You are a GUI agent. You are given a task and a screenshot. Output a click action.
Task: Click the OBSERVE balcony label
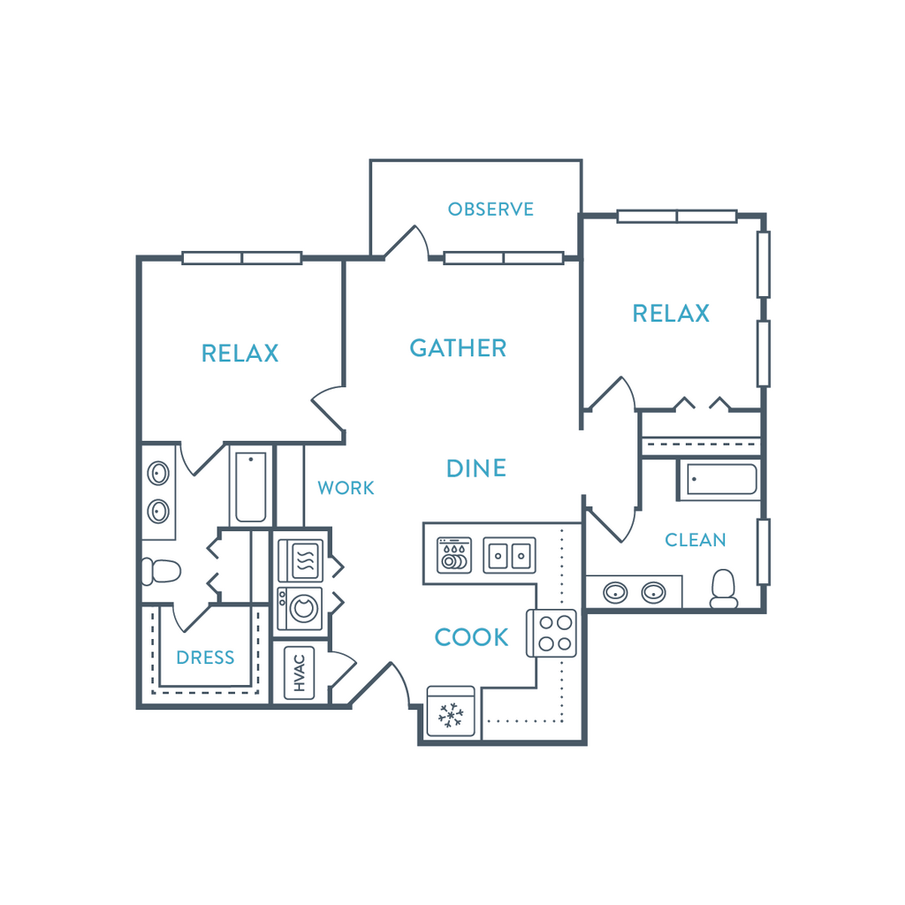click(x=491, y=209)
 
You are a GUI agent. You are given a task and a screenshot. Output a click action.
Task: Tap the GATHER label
click(x=458, y=348)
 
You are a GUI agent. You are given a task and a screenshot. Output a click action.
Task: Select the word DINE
click(x=476, y=468)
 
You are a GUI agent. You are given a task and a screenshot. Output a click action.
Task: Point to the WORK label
click(x=346, y=488)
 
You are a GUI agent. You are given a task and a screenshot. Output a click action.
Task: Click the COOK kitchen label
click(x=471, y=637)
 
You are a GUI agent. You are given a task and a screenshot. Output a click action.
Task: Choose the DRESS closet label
click(x=205, y=658)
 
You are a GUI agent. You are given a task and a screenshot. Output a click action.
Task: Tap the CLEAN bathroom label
click(x=695, y=540)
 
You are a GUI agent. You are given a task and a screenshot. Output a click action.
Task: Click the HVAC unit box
click(x=300, y=673)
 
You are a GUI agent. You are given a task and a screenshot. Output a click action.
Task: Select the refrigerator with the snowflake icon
click(x=451, y=712)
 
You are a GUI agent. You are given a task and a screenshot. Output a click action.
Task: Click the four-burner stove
click(x=551, y=633)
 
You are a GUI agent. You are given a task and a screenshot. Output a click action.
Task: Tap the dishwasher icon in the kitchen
click(x=453, y=555)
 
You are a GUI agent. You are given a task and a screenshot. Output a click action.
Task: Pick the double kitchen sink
click(x=509, y=555)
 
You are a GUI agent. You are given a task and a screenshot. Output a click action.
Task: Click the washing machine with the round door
click(x=300, y=608)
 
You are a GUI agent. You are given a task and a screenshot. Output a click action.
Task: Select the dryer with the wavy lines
click(x=300, y=559)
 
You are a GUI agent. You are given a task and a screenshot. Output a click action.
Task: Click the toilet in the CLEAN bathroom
click(x=724, y=589)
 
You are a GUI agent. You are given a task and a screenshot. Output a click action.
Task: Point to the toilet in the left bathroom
click(x=162, y=572)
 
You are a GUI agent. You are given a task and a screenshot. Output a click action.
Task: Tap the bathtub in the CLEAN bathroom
click(x=721, y=479)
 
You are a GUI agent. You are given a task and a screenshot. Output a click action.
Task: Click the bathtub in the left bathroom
click(x=250, y=487)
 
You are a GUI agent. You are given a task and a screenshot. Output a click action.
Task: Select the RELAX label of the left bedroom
click(x=240, y=354)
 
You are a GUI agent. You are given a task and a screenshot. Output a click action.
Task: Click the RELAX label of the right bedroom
click(x=671, y=314)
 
